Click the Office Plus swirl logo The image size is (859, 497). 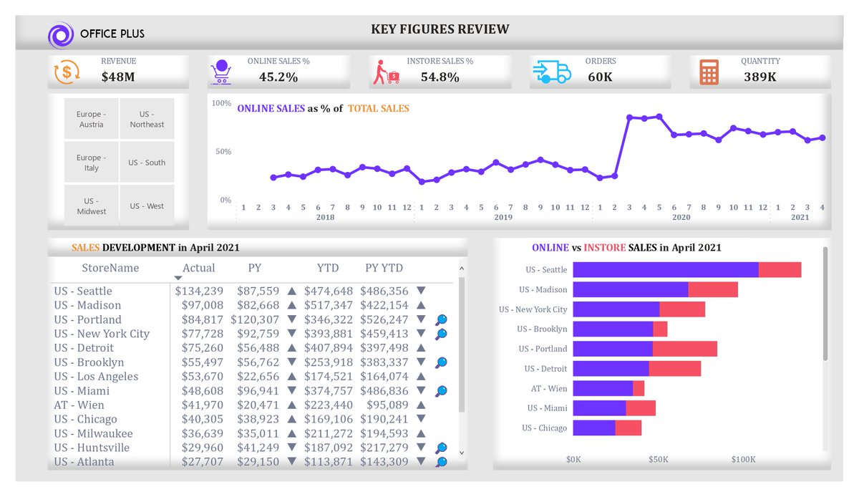click(61, 35)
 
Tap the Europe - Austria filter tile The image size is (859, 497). click(92, 119)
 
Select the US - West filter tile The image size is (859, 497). click(147, 206)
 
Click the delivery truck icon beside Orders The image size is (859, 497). click(552, 72)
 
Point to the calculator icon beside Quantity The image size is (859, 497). click(709, 72)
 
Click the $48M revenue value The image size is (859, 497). click(118, 77)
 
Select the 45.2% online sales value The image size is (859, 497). click(278, 77)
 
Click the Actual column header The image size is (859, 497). click(199, 268)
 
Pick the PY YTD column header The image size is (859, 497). click(384, 268)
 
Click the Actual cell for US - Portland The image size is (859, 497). click(203, 319)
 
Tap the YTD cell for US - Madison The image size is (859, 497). click(329, 305)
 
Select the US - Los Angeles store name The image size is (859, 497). click(96, 377)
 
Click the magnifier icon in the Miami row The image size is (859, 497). click(442, 391)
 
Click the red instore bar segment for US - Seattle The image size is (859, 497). click(780, 269)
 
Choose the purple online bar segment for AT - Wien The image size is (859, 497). click(603, 388)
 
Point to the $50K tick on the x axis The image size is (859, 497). click(659, 459)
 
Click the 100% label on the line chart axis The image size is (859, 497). click(222, 103)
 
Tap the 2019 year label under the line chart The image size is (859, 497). click(503, 217)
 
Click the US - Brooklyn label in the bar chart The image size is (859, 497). click(542, 329)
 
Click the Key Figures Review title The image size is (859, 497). click(440, 29)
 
